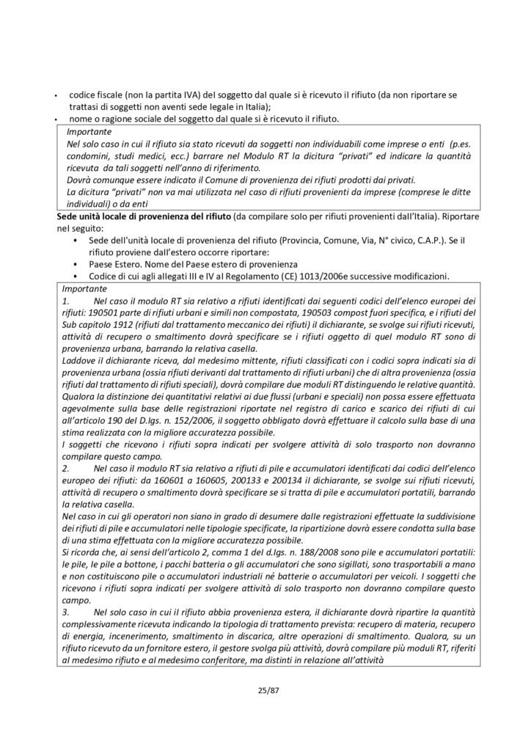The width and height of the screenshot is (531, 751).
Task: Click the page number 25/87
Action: tap(265, 689)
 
